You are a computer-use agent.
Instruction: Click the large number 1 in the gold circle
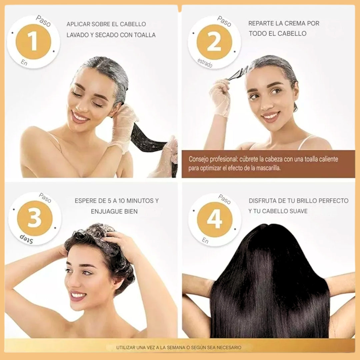coord(33,42)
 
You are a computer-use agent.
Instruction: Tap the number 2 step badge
coord(214,42)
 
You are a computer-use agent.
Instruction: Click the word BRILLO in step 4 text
coord(301,201)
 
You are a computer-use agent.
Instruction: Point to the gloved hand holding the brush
coord(220,97)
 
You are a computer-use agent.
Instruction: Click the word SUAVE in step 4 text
coord(296,211)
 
